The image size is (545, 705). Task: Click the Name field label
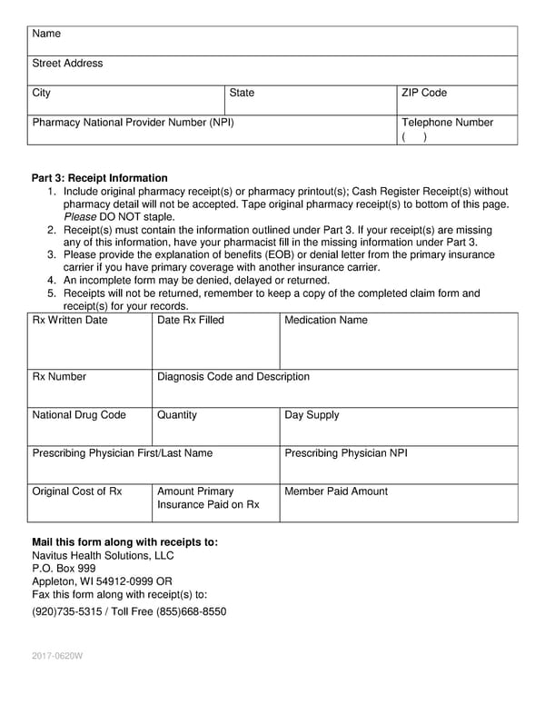tap(46, 34)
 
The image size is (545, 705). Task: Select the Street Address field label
tap(67, 64)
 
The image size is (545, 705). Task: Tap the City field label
tap(42, 93)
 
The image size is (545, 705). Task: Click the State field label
tap(242, 93)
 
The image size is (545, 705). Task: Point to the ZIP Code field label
tap(424, 93)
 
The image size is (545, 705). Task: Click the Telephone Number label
tap(447, 123)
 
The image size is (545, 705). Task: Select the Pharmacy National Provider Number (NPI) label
tap(133, 123)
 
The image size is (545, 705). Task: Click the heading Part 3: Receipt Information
tap(100, 178)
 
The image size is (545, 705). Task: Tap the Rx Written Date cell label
tap(70, 320)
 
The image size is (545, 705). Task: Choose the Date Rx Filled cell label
tap(191, 320)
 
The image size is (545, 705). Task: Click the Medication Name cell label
tap(326, 320)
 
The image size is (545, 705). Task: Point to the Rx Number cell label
tap(59, 376)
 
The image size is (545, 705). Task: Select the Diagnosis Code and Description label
tap(233, 376)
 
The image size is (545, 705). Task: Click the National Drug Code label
tap(79, 414)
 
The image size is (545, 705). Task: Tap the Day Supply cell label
tap(312, 414)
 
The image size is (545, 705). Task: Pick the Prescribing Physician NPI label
tap(346, 452)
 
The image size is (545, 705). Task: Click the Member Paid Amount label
tap(336, 491)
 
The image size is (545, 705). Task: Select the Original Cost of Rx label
tap(76, 491)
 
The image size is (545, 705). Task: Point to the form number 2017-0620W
tap(57, 655)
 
